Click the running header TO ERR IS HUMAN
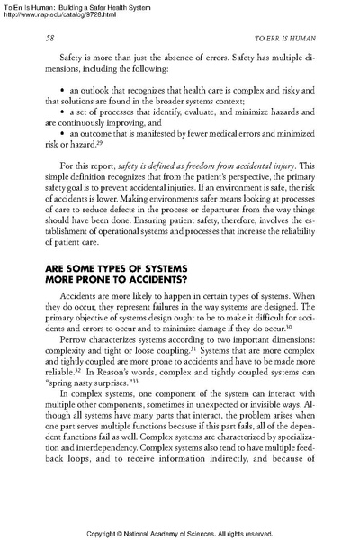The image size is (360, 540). pos(281,40)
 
